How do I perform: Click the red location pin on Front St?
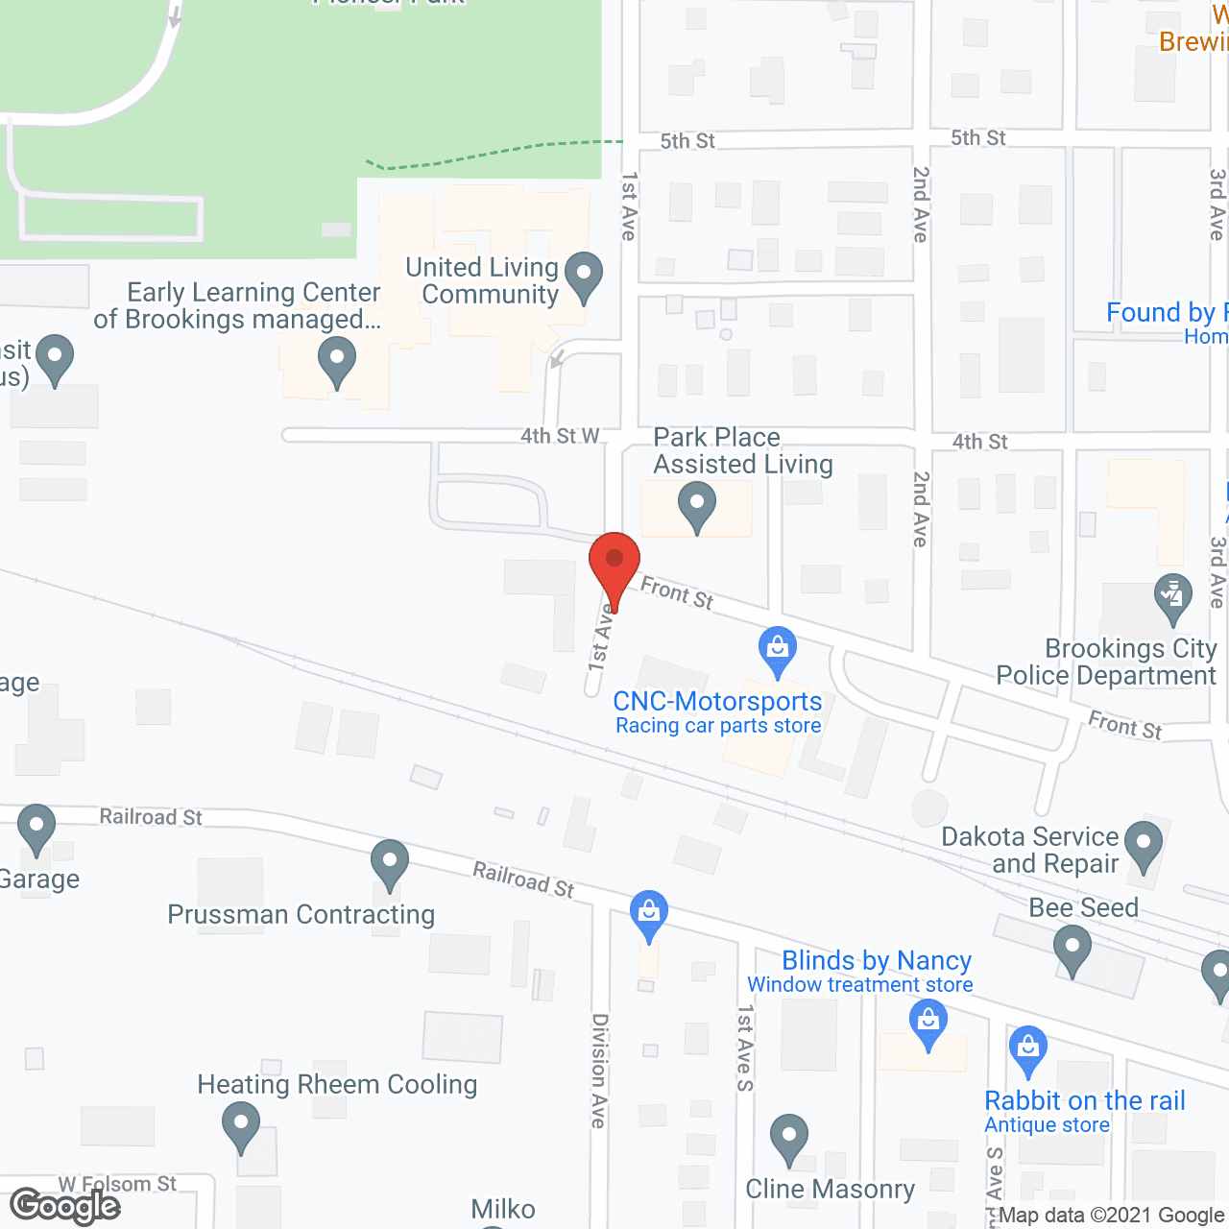coord(614,562)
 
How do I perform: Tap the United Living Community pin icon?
coord(583,275)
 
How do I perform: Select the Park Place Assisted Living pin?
coord(697,504)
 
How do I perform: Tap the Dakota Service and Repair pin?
coord(1143,844)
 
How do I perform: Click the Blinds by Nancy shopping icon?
coord(928,1023)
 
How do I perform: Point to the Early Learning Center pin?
coord(337,363)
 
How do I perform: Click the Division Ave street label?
coord(599,1070)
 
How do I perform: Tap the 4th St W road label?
coord(560,436)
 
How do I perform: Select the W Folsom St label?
coord(117,1184)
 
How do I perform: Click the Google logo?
coord(65,1206)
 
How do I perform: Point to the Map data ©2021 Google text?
coord(1112,1216)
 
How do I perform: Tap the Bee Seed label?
coord(1083,907)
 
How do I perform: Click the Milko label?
coord(503,1209)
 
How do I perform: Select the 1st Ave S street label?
coord(745,1048)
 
